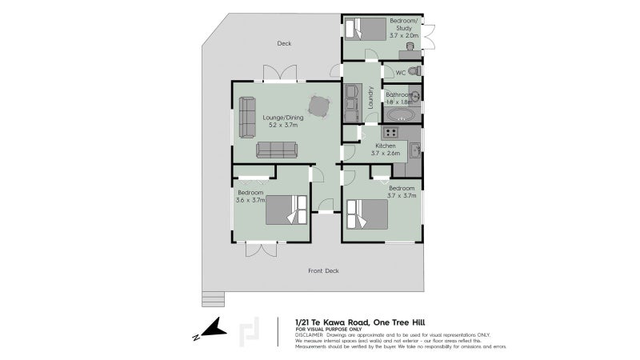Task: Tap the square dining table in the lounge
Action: [x=318, y=106]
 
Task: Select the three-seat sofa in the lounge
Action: [x=277, y=150]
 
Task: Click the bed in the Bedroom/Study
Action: [x=369, y=30]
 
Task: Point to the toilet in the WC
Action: [x=413, y=71]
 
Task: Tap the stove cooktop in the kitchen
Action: [x=391, y=132]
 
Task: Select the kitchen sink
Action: [x=414, y=149]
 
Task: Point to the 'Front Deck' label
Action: [x=323, y=271]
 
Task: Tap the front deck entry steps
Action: [x=212, y=298]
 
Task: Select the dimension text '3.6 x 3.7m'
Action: [x=250, y=200]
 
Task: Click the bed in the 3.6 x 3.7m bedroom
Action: [x=286, y=210]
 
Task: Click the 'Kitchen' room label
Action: [x=385, y=146]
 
